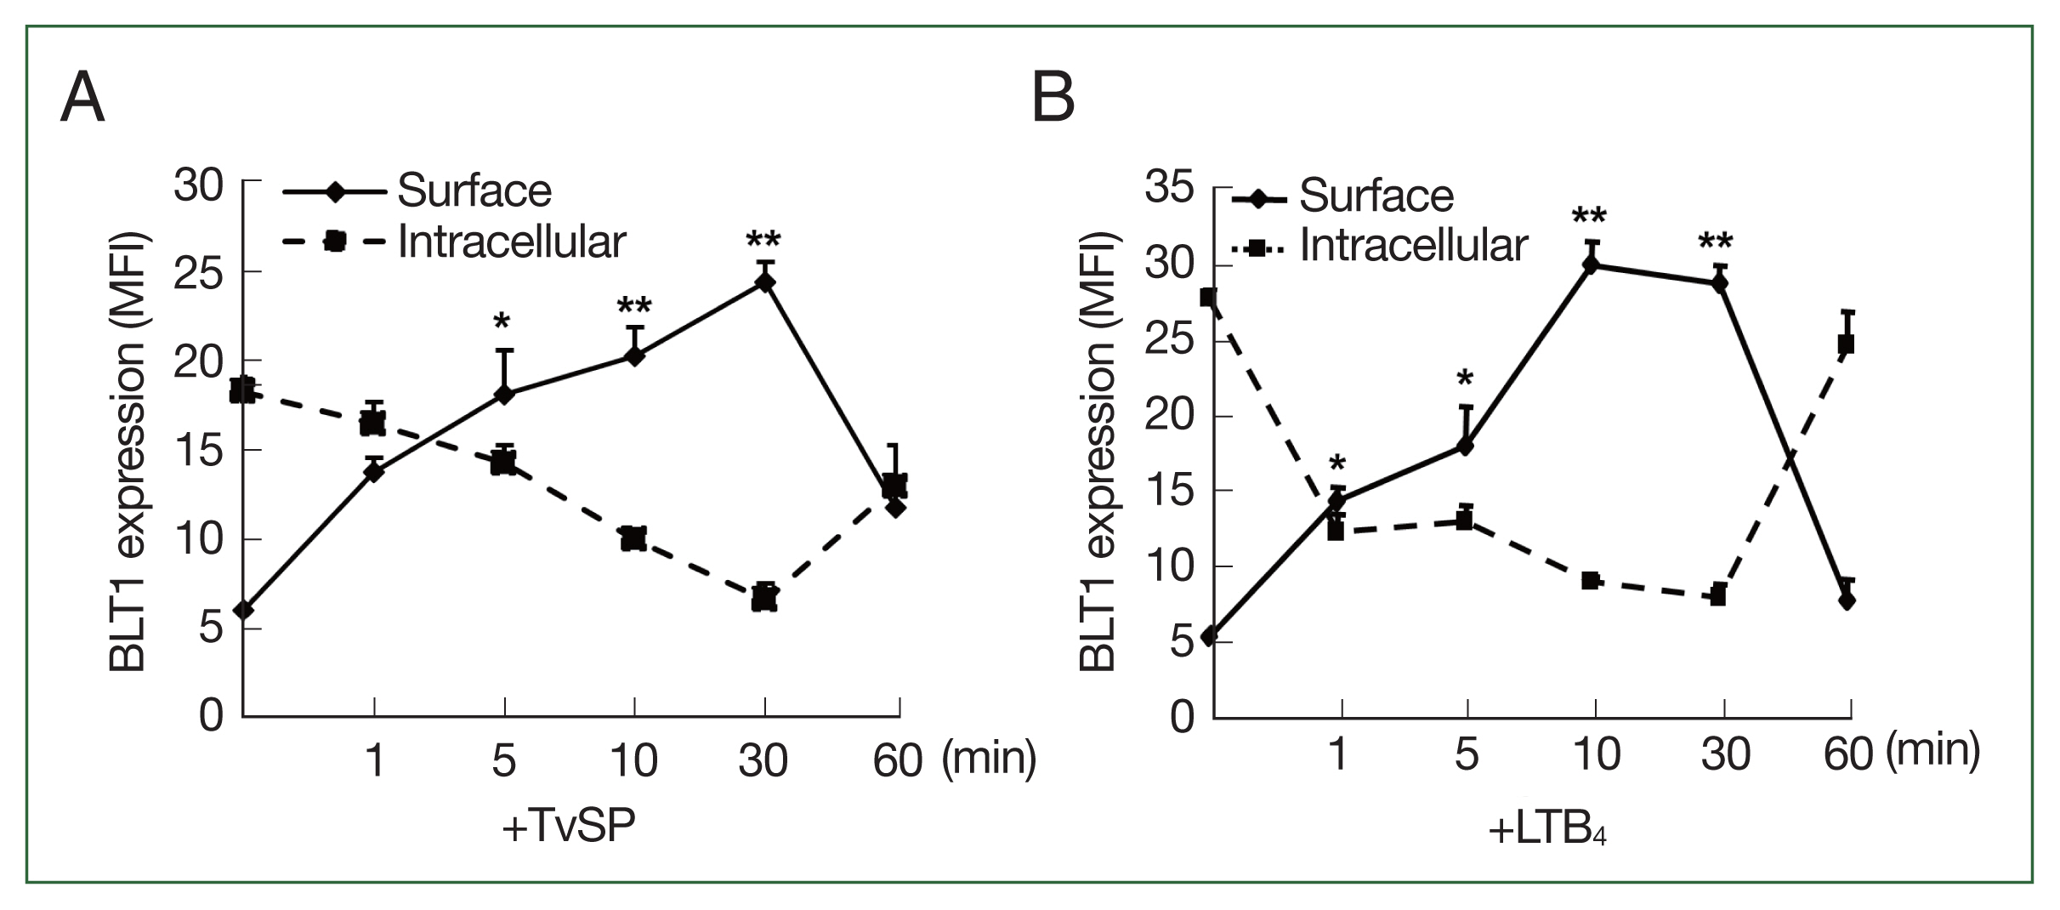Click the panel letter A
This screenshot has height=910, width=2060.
click(82, 98)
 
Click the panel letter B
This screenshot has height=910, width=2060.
click(1053, 98)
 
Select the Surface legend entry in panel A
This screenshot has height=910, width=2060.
click(474, 191)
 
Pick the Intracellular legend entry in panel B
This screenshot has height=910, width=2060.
click(1413, 246)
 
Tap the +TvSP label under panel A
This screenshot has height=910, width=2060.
click(569, 826)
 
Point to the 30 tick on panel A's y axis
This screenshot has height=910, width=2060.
click(198, 185)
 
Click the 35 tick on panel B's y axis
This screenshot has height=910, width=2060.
click(1169, 188)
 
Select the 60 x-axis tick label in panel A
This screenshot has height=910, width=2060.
click(898, 759)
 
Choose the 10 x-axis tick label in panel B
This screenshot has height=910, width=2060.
click(1596, 754)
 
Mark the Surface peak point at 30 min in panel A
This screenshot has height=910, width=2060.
click(765, 283)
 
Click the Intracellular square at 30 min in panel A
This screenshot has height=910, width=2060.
click(765, 598)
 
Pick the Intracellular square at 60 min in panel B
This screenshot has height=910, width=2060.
click(1846, 344)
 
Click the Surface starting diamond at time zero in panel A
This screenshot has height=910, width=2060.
click(244, 610)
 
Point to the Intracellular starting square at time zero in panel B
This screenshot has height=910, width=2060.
click(1208, 298)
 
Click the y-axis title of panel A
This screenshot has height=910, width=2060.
click(128, 452)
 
